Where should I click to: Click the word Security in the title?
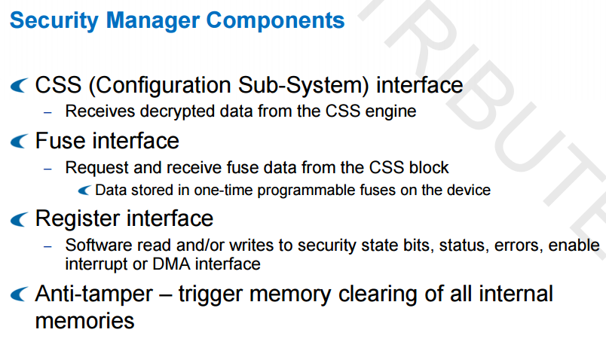pyautogui.click(x=54, y=21)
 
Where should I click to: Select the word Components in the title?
pyautogui.click(x=275, y=20)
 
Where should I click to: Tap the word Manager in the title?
pyautogui.click(x=152, y=21)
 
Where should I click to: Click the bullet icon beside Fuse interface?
pyautogui.click(x=20, y=141)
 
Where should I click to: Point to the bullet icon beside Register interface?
pyautogui.click(x=20, y=219)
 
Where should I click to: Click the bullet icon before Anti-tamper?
pyautogui.click(x=20, y=294)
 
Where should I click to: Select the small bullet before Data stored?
pyautogui.click(x=84, y=190)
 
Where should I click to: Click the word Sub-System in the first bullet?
pyautogui.click(x=303, y=85)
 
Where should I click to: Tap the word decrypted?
pyautogui.click(x=178, y=111)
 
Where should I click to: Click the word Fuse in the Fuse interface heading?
pyautogui.click(x=60, y=141)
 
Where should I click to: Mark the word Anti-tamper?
pyautogui.click(x=94, y=294)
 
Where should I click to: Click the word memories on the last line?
pyautogui.click(x=84, y=322)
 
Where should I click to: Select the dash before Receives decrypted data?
pyautogui.click(x=47, y=113)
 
